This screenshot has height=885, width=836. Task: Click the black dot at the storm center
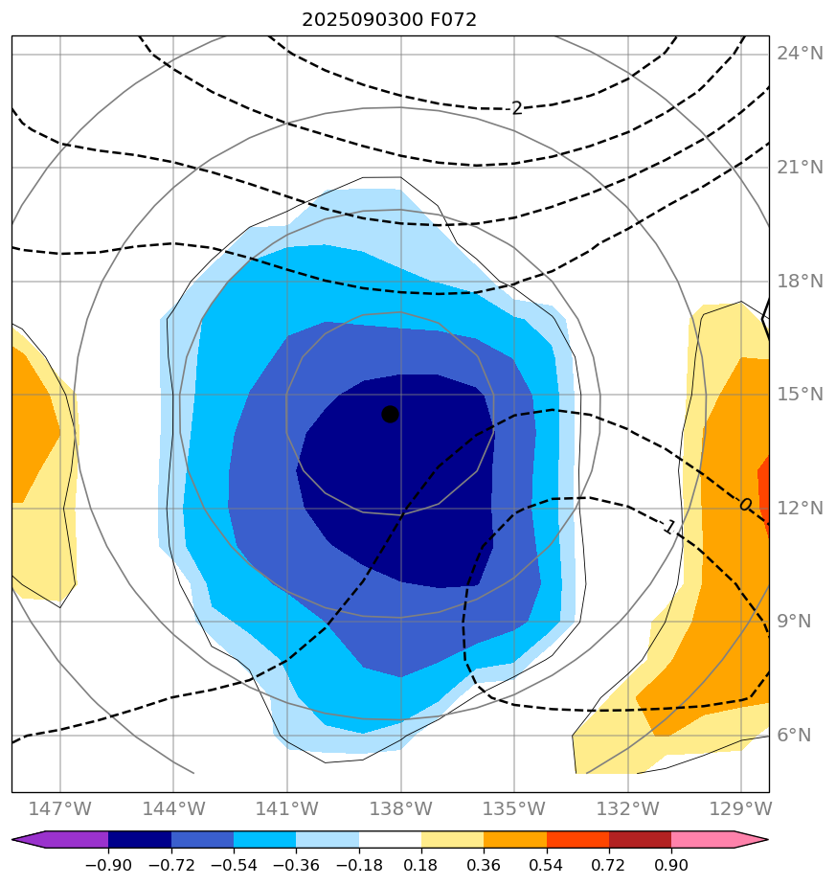[x=390, y=414]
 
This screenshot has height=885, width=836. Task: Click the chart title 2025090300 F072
[x=389, y=19]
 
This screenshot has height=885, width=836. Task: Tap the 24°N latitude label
[x=800, y=54]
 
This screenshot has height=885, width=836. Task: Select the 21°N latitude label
[x=800, y=168]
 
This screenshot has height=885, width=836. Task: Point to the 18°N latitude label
[x=800, y=282]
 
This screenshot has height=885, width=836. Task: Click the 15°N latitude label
[x=800, y=395]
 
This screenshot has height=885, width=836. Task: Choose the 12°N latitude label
[x=800, y=509]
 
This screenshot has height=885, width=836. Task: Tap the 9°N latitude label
[x=794, y=622]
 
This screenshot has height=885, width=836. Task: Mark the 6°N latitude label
[x=794, y=736]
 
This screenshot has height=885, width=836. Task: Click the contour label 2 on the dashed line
[x=517, y=108]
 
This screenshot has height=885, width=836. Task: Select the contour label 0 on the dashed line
[x=745, y=505]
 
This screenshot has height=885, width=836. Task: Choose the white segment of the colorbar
[x=390, y=840]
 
